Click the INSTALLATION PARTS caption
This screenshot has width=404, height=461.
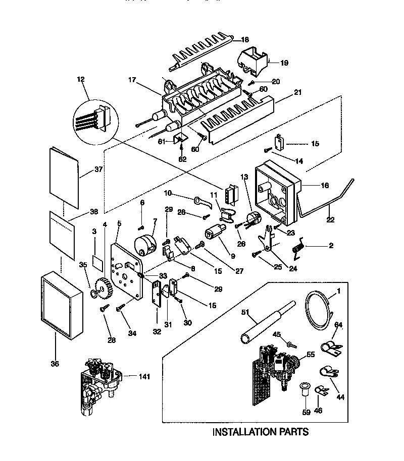click(260, 432)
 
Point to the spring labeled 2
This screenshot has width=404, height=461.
click(299, 248)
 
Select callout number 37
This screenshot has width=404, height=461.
click(98, 169)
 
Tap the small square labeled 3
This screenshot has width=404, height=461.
click(98, 260)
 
